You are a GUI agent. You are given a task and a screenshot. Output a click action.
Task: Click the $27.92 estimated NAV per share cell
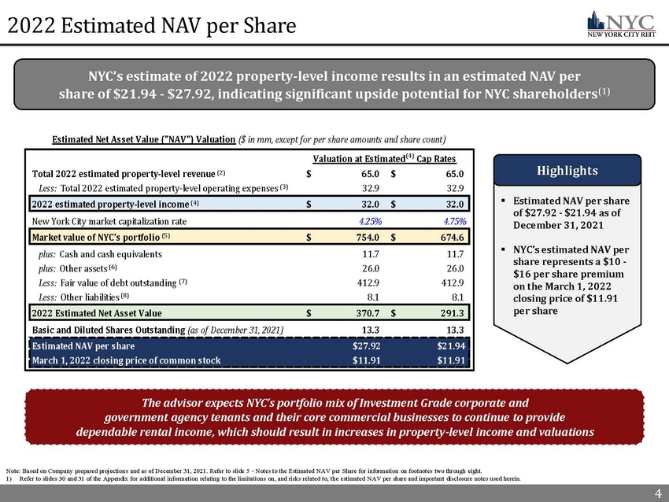pyautogui.click(x=367, y=346)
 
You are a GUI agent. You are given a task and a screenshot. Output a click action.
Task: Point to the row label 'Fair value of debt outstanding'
pyautogui.click(x=111, y=282)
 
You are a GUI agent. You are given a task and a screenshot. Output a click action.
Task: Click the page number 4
pyautogui.click(x=658, y=493)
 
